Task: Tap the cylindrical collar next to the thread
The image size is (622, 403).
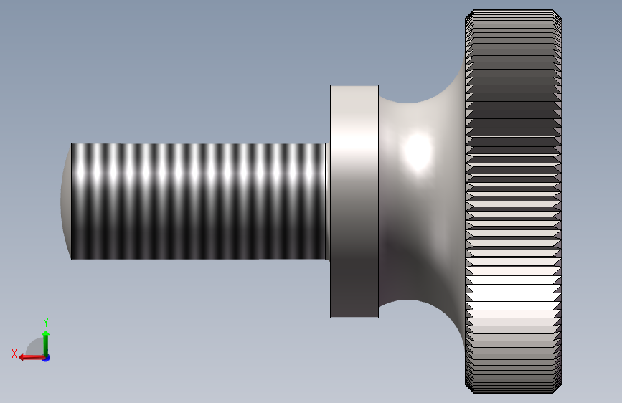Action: click(x=354, y=201)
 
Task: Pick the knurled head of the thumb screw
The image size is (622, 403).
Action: click(x=512, y=201)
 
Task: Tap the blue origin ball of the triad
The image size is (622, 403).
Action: click(x=46, y=357)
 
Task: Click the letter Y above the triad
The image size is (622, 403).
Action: click(x=46, y=323)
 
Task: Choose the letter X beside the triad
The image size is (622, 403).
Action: click(x=14, y=353)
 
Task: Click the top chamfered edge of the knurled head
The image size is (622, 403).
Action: click(x=512, y=13)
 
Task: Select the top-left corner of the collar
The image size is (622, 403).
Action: click(x=331, y=87)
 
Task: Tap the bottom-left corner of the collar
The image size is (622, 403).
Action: click(x=331, y=316)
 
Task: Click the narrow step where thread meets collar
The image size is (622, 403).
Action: click(x=328, y=201)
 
